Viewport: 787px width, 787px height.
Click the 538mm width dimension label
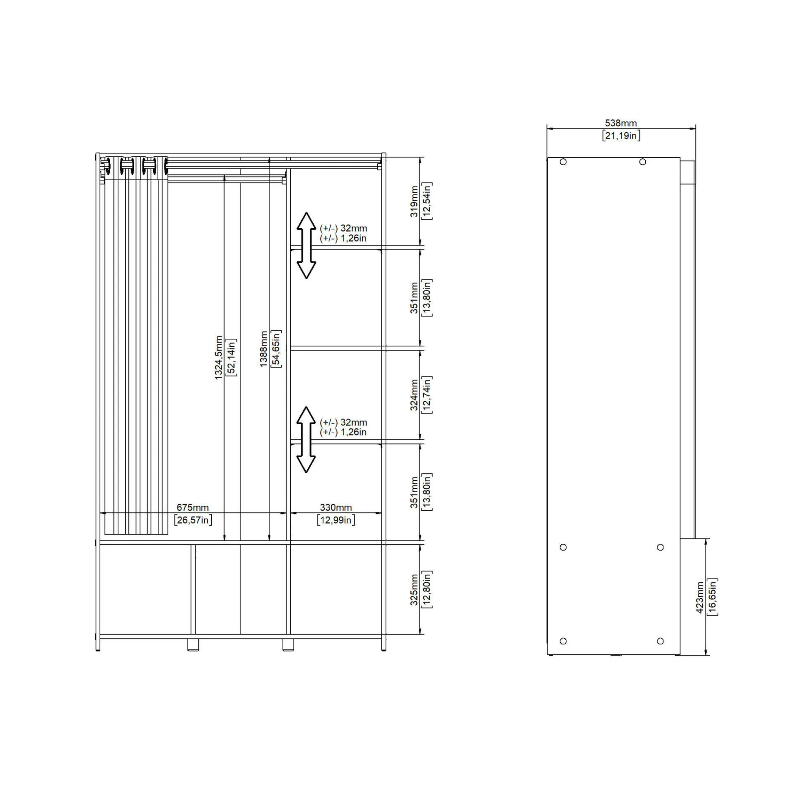621,123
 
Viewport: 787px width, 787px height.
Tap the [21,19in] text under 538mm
621,136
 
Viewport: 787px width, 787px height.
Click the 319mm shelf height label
414,201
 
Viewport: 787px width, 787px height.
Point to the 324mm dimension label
414,395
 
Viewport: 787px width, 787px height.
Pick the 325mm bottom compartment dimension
414,590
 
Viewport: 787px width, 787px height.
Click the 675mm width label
193,508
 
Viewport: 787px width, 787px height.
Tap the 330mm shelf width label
336,508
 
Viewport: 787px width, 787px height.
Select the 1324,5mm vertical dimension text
219,358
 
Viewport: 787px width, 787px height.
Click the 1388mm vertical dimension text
264,349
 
